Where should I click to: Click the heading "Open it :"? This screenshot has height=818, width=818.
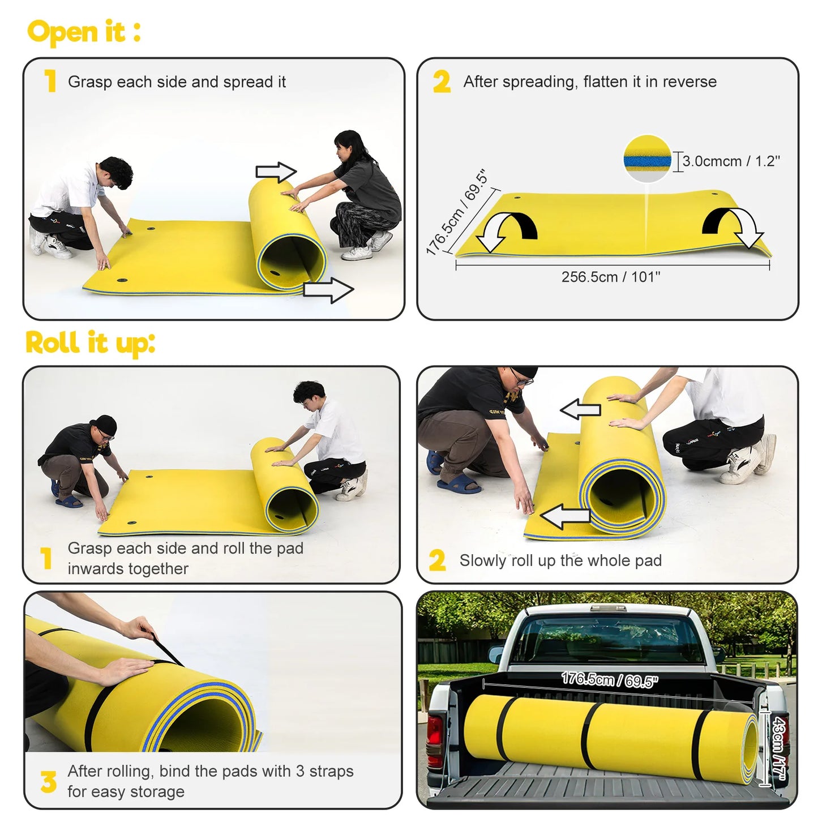pyautogui.click(x=84, y=32)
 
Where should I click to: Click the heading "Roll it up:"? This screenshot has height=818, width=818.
pyautogui.click(x=90, y=343)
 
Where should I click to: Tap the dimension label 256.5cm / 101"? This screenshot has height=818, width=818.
pyautogui.click(x=611, y=277)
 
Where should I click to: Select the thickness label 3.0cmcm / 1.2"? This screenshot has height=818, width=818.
pyautogui.click(x=731, y=161)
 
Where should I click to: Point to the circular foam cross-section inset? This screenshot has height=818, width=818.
pyautogui.click(x=647, y=159)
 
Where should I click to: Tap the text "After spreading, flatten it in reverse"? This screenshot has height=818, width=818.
pyautogui.click(x=590, y=82)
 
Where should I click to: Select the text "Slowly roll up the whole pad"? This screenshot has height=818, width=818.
pyautogui.click(x=560, y=560)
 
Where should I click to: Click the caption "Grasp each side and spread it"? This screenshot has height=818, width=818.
pyautogui.click(x=177, y=82)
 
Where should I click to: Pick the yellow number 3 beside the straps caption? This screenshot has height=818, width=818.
pyautogui.click(x=49, y=782)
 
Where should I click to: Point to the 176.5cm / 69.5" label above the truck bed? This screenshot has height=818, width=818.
pyautogui.click(x=609, y=679)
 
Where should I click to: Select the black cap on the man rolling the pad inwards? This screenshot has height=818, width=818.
pyautogui.click(x=105, y=424)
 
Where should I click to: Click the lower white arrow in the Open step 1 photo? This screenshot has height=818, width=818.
pyautogui.click(x=328, y=290)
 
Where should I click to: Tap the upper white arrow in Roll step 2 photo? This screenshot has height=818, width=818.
pyautogui.click(x=580, y=408)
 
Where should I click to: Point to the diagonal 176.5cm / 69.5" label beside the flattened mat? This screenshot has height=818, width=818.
pyautogui.click(x=456, y=212)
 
